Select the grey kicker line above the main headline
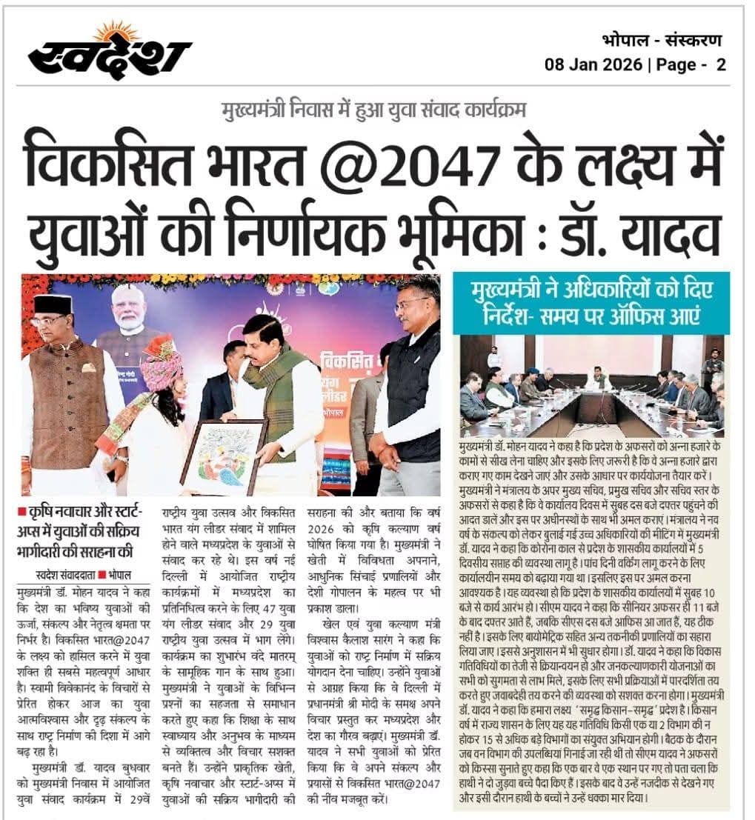pos(374,111)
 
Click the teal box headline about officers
pos(591,303)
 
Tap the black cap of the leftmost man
pos(52,304)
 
